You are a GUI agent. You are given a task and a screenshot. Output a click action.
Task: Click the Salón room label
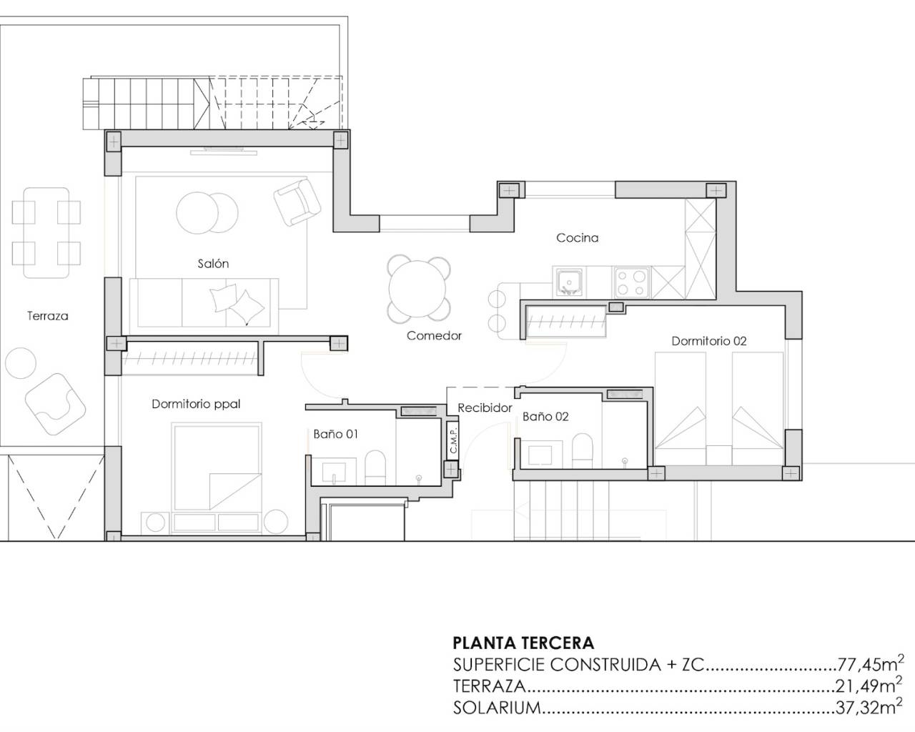pyautogui.click(x=213, y=264)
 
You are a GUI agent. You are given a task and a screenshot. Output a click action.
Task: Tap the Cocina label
pyautogui.click(x=577, y=238)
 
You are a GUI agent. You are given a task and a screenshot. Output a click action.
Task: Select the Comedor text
pyautogui.click(x=434, y=335)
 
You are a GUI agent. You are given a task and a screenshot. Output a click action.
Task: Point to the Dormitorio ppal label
pyautogui.click(x=196, y=404)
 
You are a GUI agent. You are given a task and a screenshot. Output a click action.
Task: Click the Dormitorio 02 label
pyautogui.click(x=708, y=341)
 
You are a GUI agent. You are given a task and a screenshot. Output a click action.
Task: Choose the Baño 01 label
pyautogui.click(x=335, y=434)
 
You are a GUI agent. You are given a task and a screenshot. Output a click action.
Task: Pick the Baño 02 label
pyautogui.click(x=545, y=416)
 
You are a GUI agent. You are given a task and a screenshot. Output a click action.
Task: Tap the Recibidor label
pyautogui.click(x=485, y=408)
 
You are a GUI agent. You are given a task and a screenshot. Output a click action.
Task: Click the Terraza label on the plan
pyautogui.click(x=48, y=315)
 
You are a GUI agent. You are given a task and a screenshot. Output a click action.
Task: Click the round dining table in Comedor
pyautogui.click(x=419, y=289)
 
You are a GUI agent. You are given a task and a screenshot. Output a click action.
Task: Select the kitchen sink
pyautogui.click(x=568, y=281)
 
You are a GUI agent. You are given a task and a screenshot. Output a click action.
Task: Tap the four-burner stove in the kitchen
pyautogui.click(x=632, y=281)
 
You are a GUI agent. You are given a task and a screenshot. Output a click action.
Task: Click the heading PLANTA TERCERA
pyautogui.click(x=523, y=643)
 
